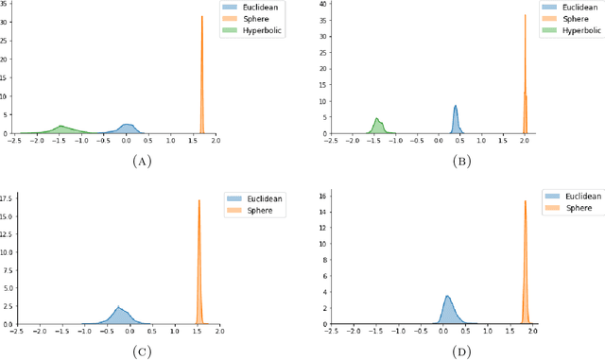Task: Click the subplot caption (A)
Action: (x=143, y=161)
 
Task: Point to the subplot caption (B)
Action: (x=461, y=161)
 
